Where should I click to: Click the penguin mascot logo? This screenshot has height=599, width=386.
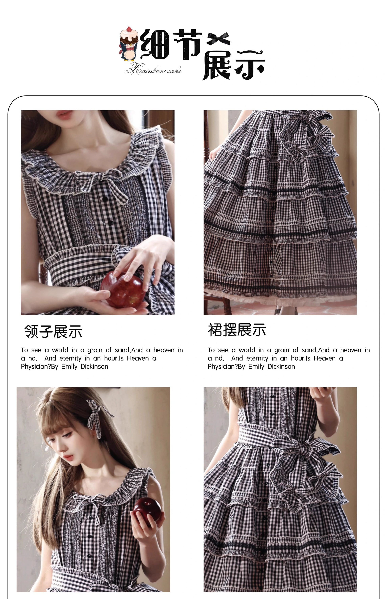pyautogui.click(x=129, y=44)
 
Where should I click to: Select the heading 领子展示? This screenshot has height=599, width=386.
pyautogui.click(x=53, y=332)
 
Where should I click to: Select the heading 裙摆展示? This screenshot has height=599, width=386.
pyautogui.click(x=237, y=330)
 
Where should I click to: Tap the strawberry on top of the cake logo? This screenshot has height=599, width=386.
pyautogui.click(x=129, y=29)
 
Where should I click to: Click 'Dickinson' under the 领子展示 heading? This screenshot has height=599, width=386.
pyautogui.click(x=94, y=366)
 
